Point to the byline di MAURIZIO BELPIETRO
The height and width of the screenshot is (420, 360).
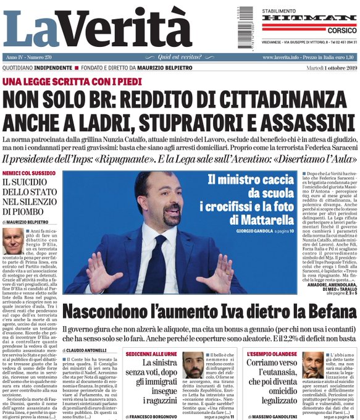point(29,221)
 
